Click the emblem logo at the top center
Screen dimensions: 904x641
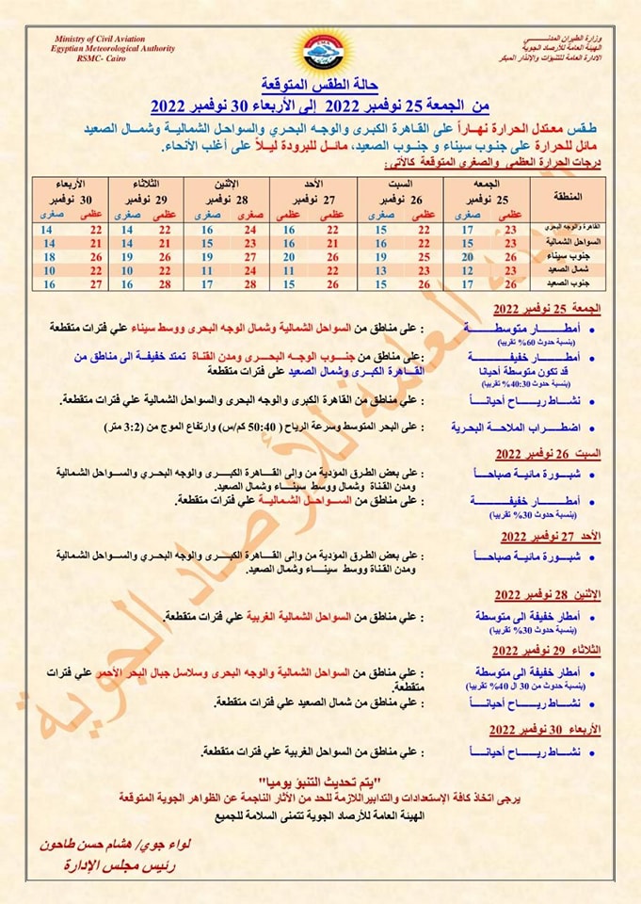pyautogui.click(x=321, y=52)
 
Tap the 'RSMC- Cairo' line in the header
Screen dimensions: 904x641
pyautogui.click(x=80, y=56)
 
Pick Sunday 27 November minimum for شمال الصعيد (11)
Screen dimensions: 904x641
pyautogui.click(x=290, y=269)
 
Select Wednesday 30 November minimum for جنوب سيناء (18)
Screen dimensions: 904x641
pyautogui.click(x=47, y=256)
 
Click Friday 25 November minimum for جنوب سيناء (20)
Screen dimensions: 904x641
pyautogui.click(x=467, y=256)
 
